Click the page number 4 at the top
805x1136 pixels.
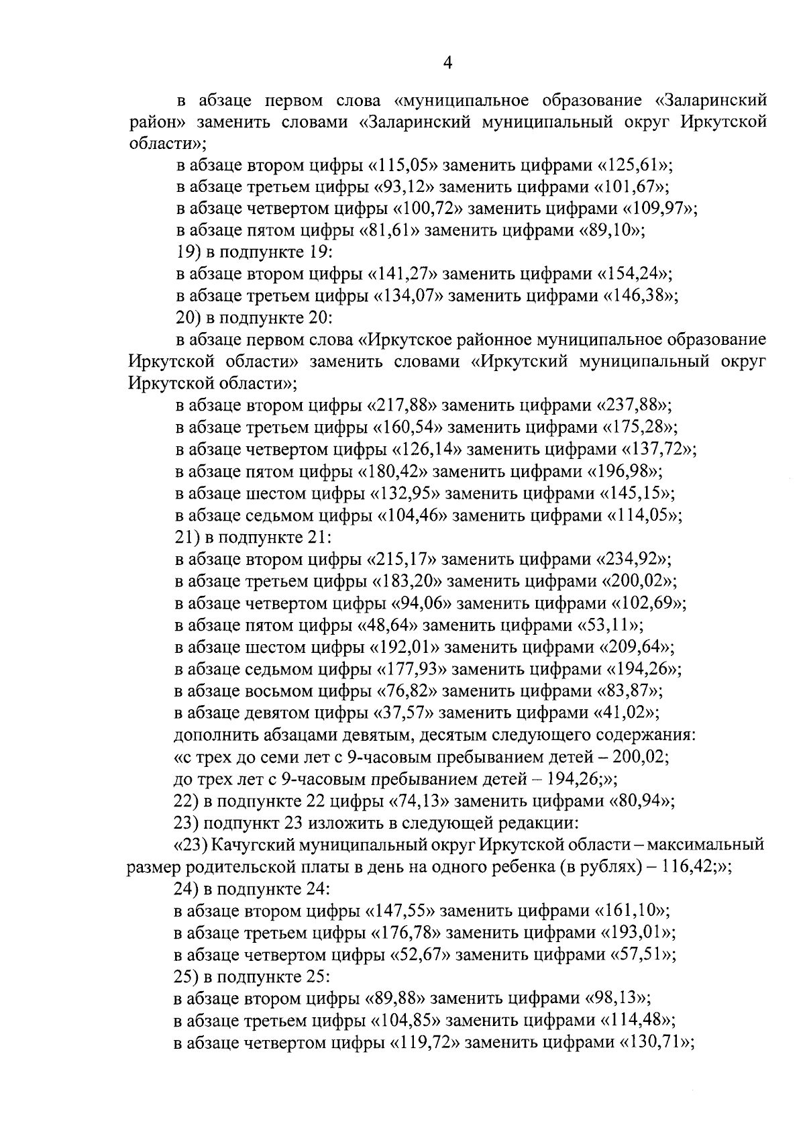click(448, 63)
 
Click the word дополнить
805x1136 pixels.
click(207, 735)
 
